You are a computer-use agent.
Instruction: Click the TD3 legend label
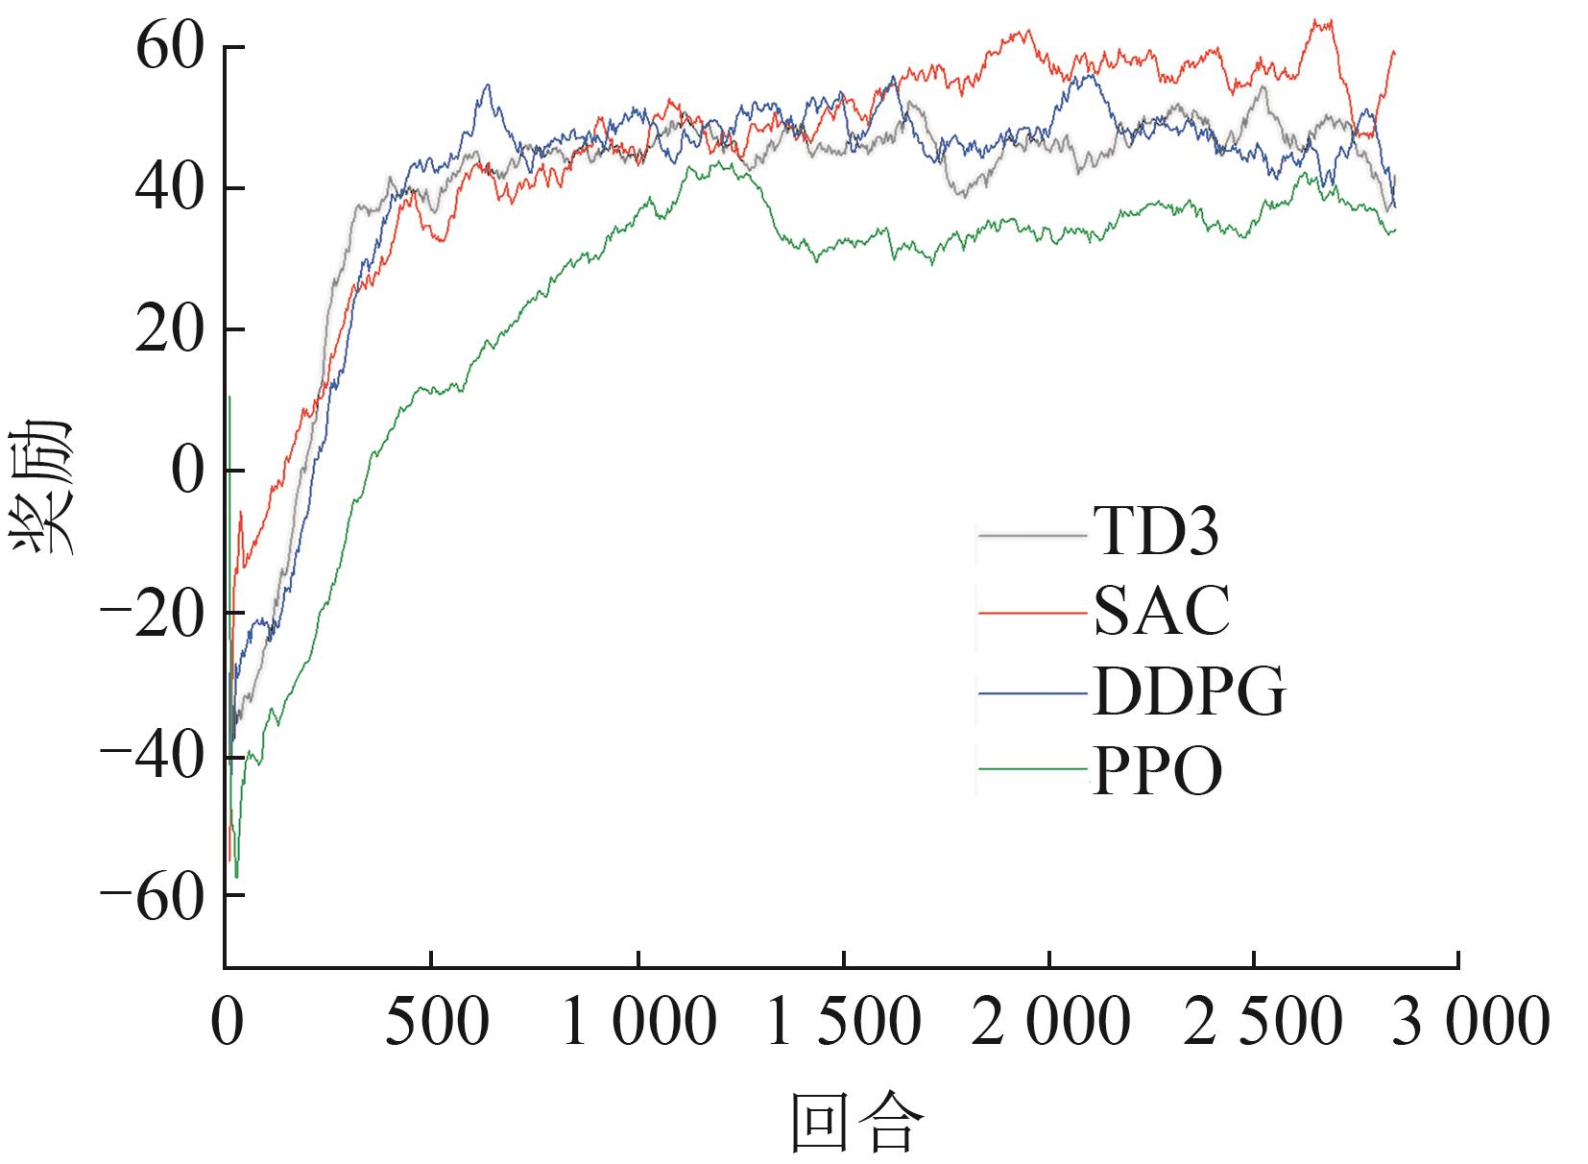pyautogui.click(x=1156, y=530)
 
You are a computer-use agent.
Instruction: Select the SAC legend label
pyautogui.click(x=1162, y=611)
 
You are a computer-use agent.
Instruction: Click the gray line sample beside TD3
pyautogui.click(x=1032, y=536)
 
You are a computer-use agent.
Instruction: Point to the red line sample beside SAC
pyautogui.click(x=1032, y=613)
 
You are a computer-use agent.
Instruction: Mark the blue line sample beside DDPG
pyautogui.click(x=1032, y=692)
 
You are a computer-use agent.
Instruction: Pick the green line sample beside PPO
pyautogui.click(x=1032, y=769)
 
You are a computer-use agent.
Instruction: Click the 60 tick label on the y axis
pyautogui.click(x=170, y=47)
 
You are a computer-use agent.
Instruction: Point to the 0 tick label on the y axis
pyautogui.click(x=188, y=471)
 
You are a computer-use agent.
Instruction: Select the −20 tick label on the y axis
pyautogui.click(x=153, y=613)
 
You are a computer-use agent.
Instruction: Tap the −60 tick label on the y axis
pyautogui.click(x=153, y=895)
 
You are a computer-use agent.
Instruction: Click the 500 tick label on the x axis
pyautogui.click(x=437, y=1022)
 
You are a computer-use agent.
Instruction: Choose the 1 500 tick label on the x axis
pyautogui.click(x=844, y=1022)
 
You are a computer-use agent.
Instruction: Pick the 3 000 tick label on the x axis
pyautogui.click(x=1471, y=1022)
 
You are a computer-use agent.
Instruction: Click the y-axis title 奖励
pyautogui.click(x=40, y=487)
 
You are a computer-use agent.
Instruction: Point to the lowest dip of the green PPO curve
pyautogui.click(x=237, y=877)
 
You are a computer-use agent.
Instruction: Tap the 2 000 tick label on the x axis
pyautogui.click(x=1050, y=1022)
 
